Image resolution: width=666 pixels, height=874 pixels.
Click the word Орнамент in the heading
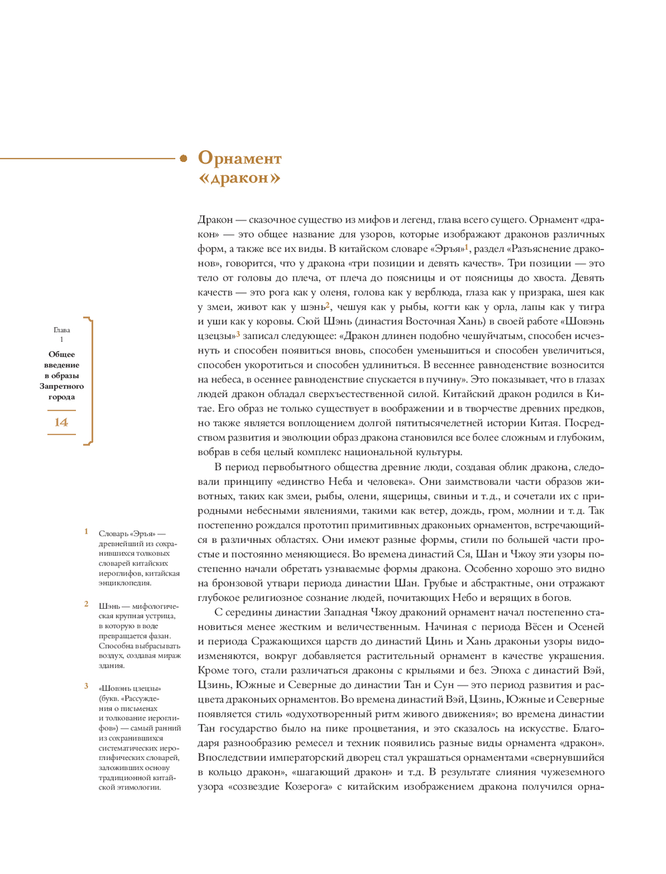pos(240,159)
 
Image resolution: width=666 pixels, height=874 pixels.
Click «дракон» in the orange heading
pos(239,178)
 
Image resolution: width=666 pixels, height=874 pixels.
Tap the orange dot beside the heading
pos(183,159)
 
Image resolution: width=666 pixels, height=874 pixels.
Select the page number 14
pos(61,422)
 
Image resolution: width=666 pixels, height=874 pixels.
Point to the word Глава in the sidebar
pos(62,330)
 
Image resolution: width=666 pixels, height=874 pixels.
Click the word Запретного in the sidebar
pos(61,386)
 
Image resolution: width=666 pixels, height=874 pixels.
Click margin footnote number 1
pos(86,532)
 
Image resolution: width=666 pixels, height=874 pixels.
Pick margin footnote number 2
pos(86,604)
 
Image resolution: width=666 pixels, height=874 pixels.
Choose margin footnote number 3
pos(86,686)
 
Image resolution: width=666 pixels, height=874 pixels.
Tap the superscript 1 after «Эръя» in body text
pos(467,247)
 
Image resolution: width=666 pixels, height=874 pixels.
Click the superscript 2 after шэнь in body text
pos(328,305)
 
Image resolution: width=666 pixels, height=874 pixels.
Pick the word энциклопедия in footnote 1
pos(125,583)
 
